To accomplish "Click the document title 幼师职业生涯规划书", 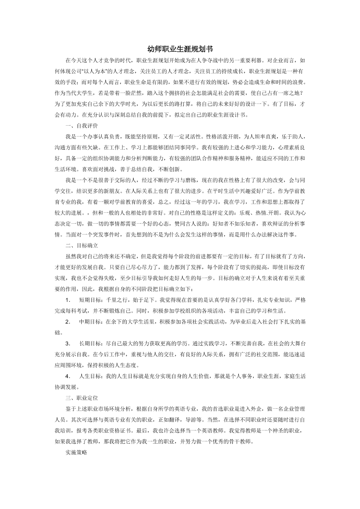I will click(180, 49).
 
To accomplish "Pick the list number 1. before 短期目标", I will click(68, 300).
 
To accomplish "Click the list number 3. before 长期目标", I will click(68, 343).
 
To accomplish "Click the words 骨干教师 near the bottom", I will click(272, 441).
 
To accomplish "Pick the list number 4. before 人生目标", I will click(68, 376).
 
